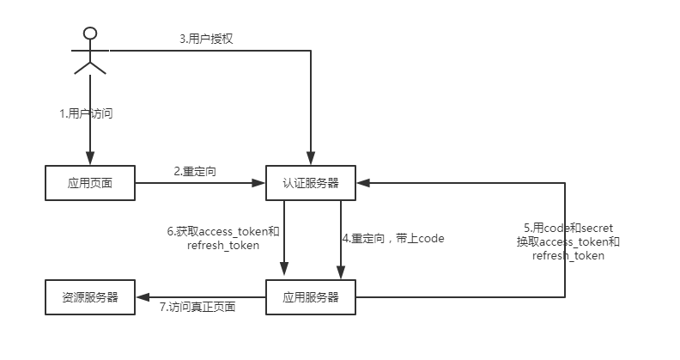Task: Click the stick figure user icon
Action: pyautogui.click(x=89, y=52)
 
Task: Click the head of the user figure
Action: pyautogui.click(x=89, y=34)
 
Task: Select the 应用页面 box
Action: pyautogui.click(x=89, y=182)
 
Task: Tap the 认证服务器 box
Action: pyautogui.click(x=311, y=182)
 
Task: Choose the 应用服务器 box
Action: pyautogui.click(x=311, y=297)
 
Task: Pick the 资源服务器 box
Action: pyautogui.click(x=89, y=297)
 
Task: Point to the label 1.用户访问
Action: pyautogui.click(x=86, y=113)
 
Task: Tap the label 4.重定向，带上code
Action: pyautogui.click(x=393, y=238)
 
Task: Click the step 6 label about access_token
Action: pyautogui.click(x=222, y=238)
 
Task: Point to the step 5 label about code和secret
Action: pyautogui.click(x=568, y=241)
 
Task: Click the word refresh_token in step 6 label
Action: pyautogui.click(x=222, y=246)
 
